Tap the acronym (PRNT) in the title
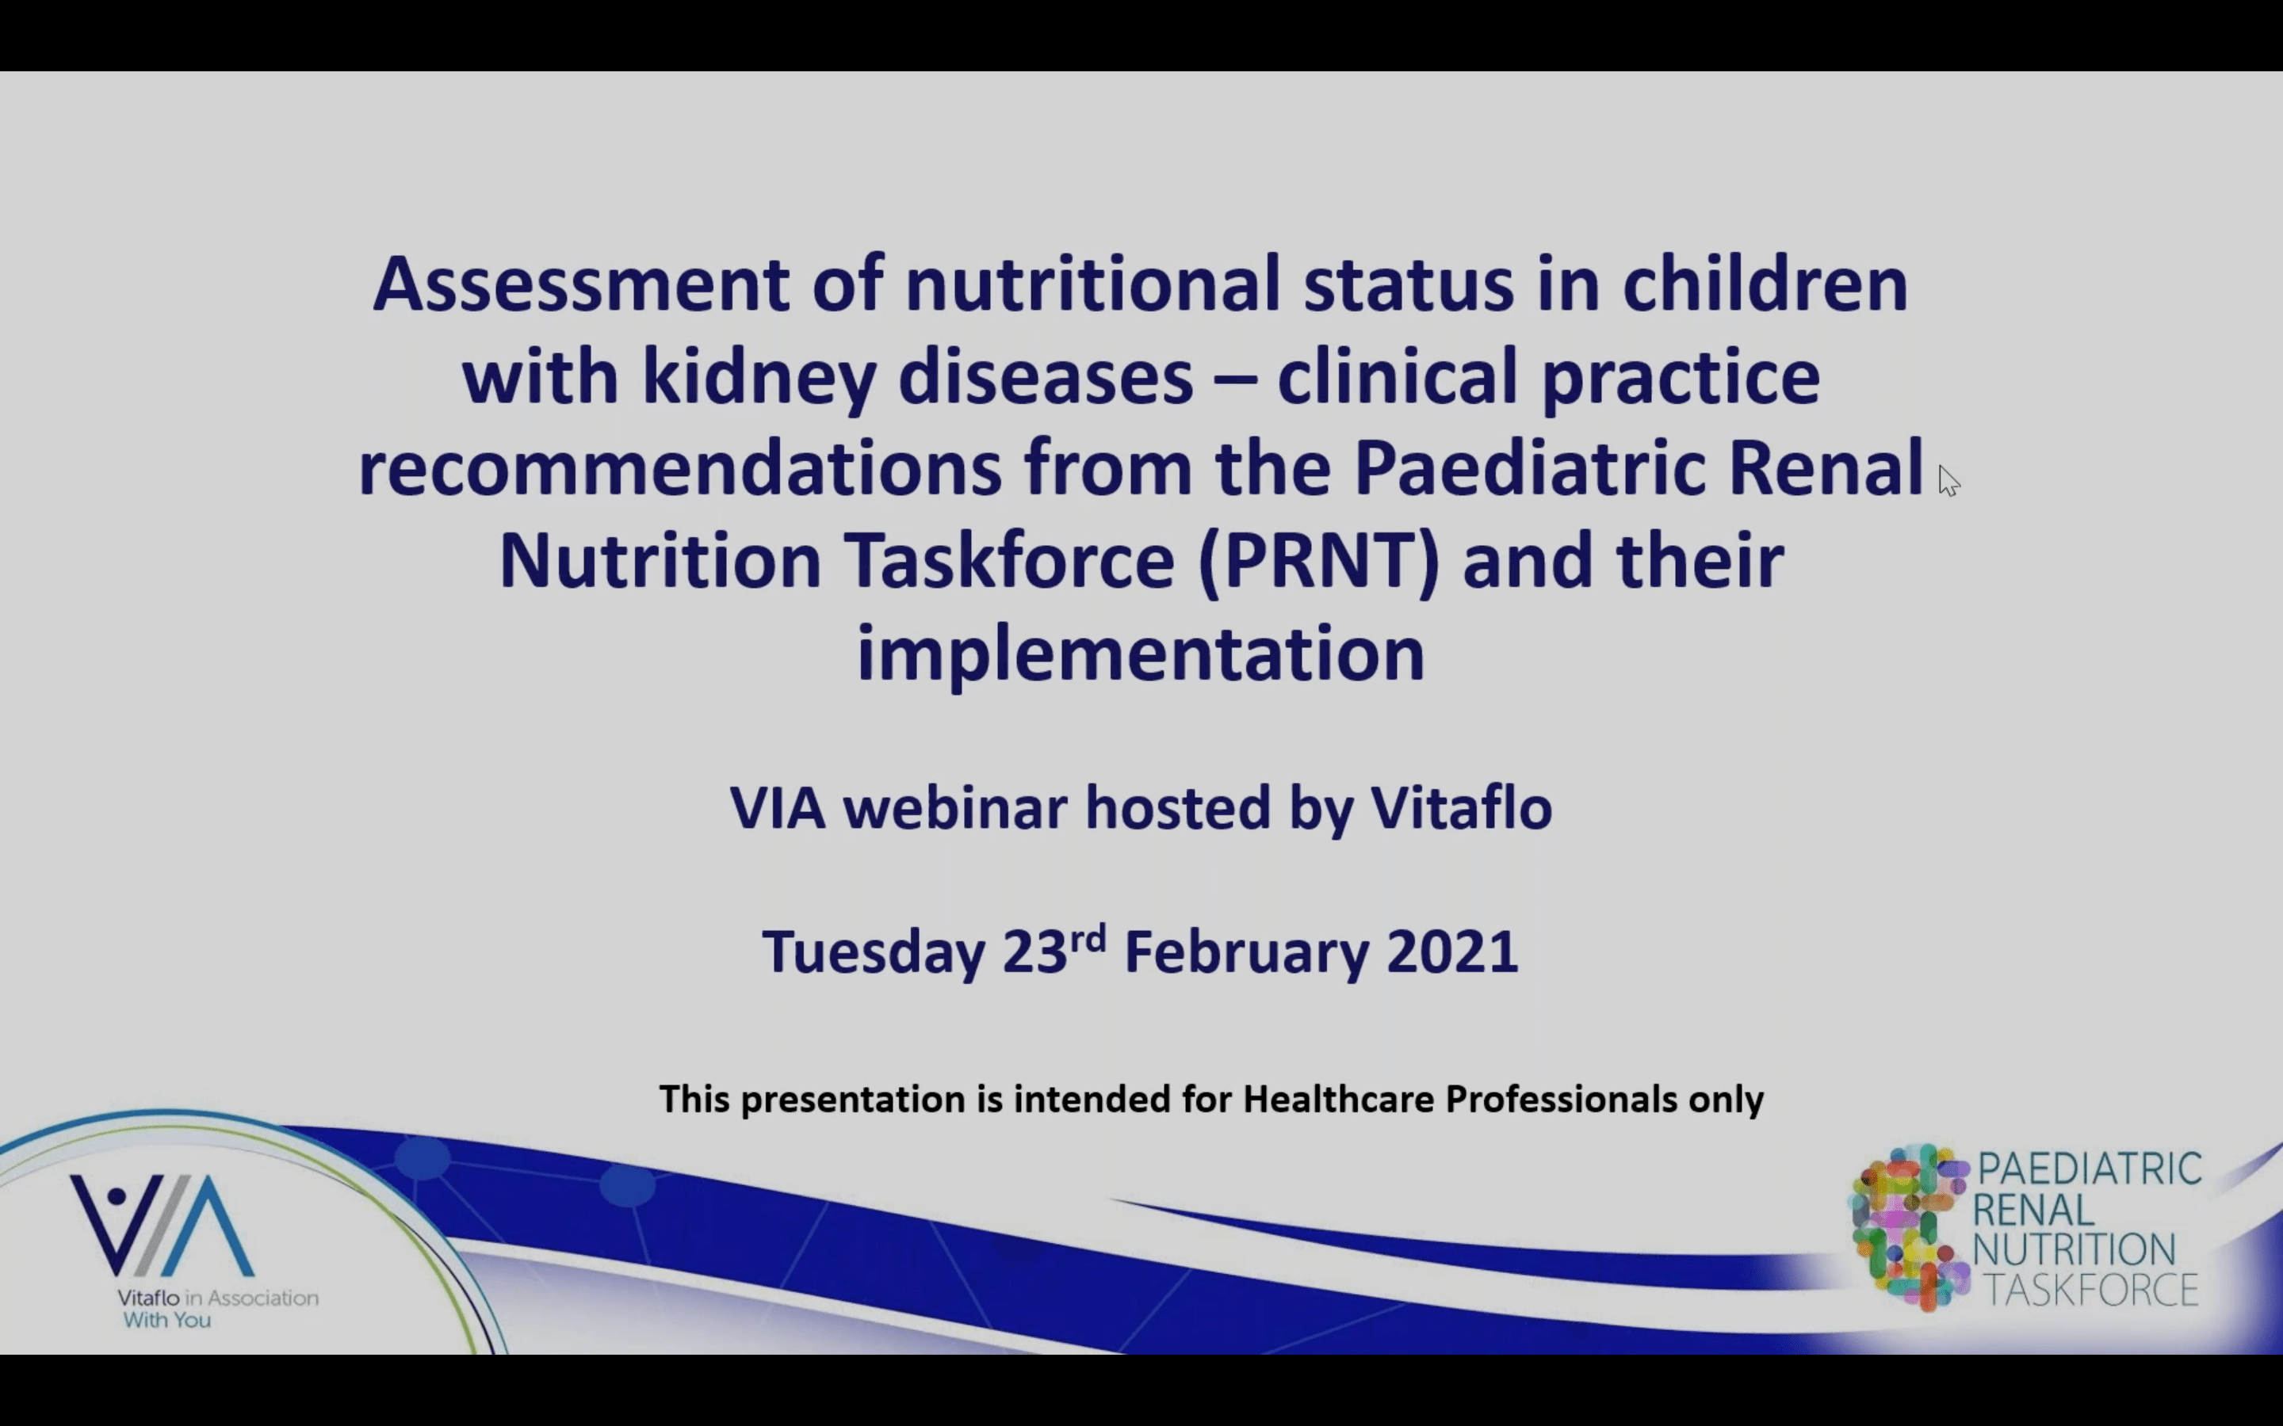pos(1319,562)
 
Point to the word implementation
pos(1141,653)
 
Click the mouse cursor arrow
pos(1949,481)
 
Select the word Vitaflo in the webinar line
pos(1461,808)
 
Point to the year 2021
pos(1453,951)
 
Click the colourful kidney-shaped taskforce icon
pos(1907,1227)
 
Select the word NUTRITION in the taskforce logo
pos(2074,1249)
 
